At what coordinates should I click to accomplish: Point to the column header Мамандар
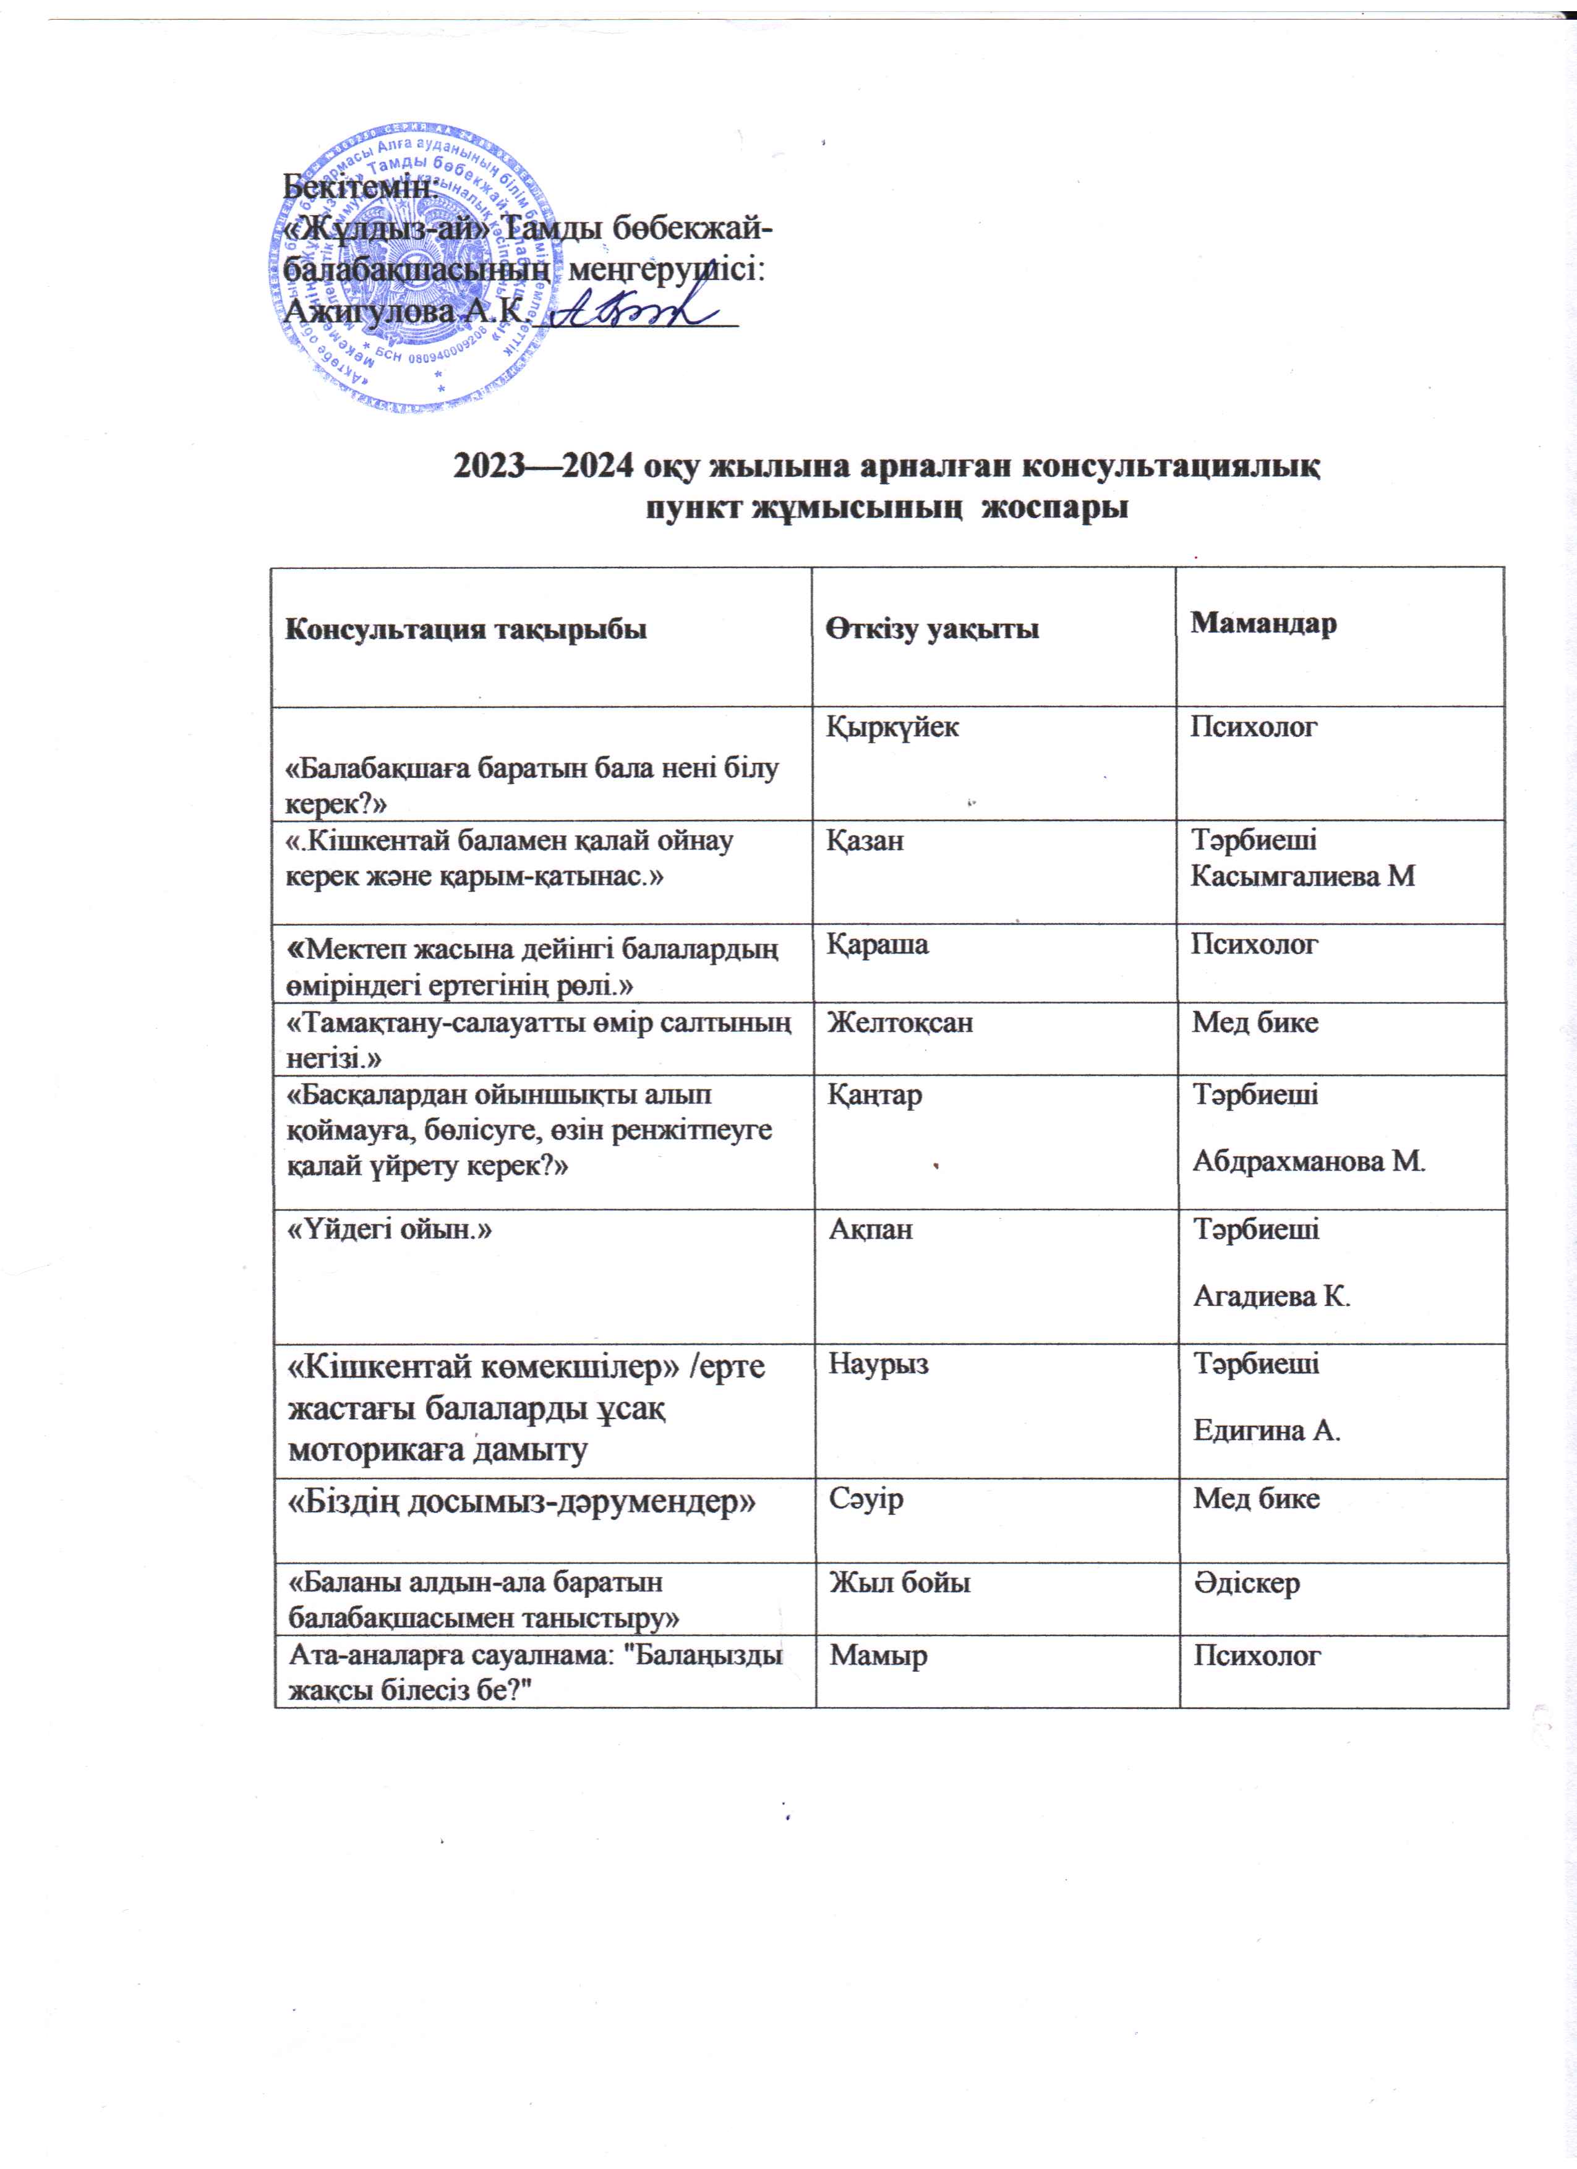pyautogui.click(x=1263, y=623)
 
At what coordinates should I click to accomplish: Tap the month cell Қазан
pyautogui.click(x=865, y=841)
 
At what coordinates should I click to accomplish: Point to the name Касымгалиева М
pyautogui.click(x=1302, y=875)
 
